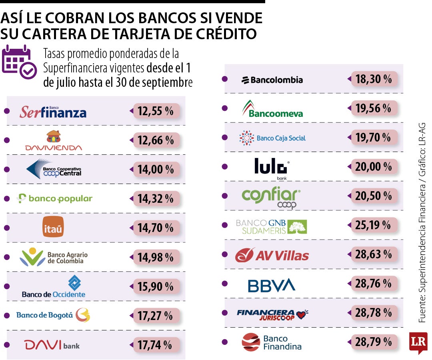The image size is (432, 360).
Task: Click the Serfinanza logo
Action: (53, 112)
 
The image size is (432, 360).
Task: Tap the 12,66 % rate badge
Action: (156, 140)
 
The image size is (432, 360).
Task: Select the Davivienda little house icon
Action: (54, 136)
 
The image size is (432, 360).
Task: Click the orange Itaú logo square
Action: (53, 227)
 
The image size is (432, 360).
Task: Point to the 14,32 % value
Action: (156, 198)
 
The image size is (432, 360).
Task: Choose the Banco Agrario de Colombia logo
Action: (54, 257)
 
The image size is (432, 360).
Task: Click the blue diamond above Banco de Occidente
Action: (74, 283)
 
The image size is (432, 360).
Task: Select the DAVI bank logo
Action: (52, 345)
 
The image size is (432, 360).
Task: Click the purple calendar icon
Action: (19, 62)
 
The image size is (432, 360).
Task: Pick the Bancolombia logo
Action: (272, 80)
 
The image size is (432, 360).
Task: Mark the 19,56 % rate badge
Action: (374, 108)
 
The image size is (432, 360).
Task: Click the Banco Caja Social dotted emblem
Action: (246, 138)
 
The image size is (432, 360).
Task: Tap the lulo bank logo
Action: (272, 168)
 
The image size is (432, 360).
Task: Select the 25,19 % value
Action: (373, 225)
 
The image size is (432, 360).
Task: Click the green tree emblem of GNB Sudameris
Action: (297, 227)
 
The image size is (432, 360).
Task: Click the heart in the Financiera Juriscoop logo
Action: (302, 314)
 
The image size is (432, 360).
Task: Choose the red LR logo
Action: (418, 342)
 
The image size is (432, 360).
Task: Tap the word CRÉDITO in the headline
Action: (226, 34)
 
